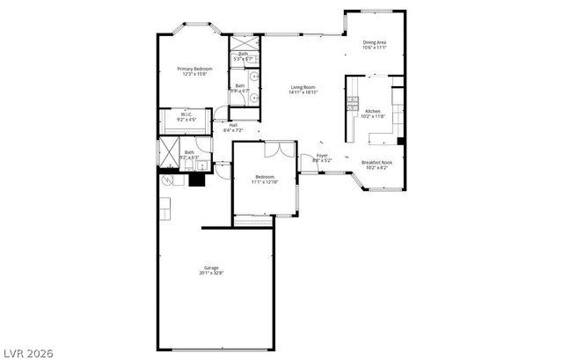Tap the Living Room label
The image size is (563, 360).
tap(304, 86)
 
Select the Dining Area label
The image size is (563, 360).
tap(375, 41)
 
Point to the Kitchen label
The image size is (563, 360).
tap(373, 112)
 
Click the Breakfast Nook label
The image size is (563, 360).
tap(377, 162)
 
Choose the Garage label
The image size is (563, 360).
tap(211, 268)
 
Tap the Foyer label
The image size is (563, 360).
tap(323, 155)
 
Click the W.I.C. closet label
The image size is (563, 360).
tap(186, 114)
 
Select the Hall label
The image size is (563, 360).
tap(233, 125)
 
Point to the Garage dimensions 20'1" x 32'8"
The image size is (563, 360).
tap(211, 274)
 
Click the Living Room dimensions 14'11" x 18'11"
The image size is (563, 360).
tap(304, 92)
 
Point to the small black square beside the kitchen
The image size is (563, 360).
tap(401, 140)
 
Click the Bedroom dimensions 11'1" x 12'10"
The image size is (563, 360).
tap(264, 182)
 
